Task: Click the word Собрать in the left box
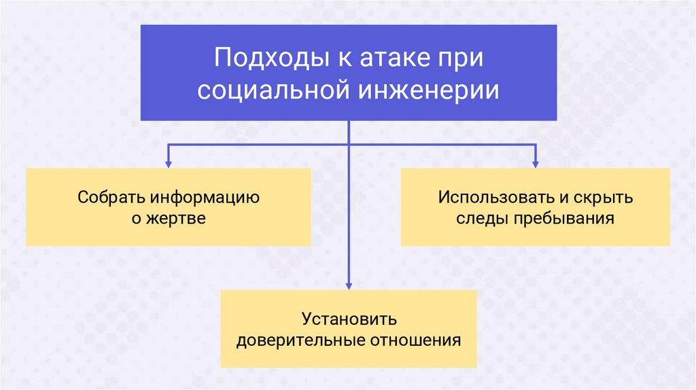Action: pyautogui.click(x=111, y=198)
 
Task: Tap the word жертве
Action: pyautogui.click(x=177, y=219)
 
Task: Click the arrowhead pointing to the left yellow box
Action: pyautogui.click(x=168, y=164)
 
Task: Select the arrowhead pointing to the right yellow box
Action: pyautogui.click(x=535, y=164)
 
